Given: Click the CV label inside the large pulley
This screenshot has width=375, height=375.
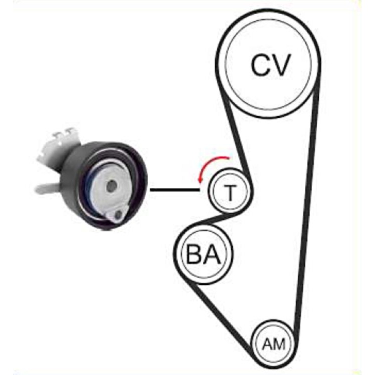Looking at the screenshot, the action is pyautogui.click(x=270, y=64).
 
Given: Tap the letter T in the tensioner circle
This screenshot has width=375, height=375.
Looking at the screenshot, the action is pyautogui.click(x=230, y=192).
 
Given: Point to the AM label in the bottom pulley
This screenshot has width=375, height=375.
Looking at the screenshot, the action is pyautogui.click(x=274, y=344).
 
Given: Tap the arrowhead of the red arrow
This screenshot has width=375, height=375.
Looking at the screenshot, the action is pyautogui.click(x=199, y=181).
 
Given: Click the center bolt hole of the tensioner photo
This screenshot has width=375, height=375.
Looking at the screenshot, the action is pyautogui.click(x=111, y=186).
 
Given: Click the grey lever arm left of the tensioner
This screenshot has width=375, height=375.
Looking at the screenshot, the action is pyautogui.click(x=47, y=187).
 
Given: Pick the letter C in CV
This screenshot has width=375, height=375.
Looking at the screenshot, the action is pyautogui.click(x=260, y=65).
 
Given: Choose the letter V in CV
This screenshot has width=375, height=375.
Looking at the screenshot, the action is pyautogui.click(x=281, y=65).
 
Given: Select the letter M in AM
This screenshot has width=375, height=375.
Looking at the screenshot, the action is pyautogui.click(x=279, y=344).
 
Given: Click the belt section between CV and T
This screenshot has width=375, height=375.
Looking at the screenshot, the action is pyautogui.click(x=235, y=134).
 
